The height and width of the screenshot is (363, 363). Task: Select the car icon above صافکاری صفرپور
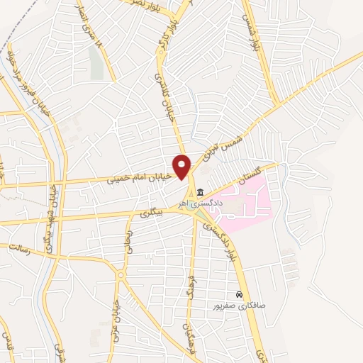coord(240,294)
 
